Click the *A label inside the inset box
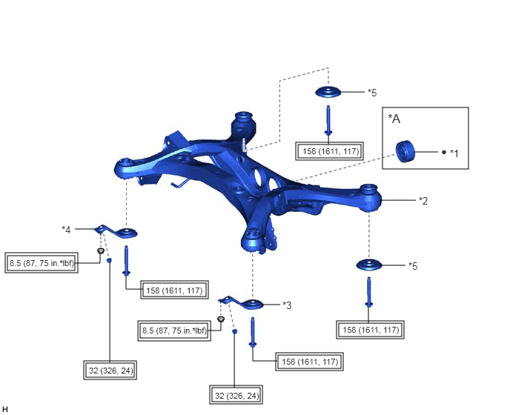point(394,119)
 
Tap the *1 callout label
point(454,153)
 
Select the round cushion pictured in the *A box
point(405,152)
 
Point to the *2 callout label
point(423,201)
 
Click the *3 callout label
point(287,305)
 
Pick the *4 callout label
point(66,230)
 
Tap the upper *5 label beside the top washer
point(372,93)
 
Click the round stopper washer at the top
point(328,92)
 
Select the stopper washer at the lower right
point(369,265)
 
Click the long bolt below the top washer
point(328,120)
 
